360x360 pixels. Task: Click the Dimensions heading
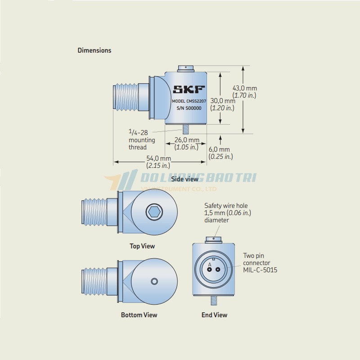pyautogui.click(x=94, y=50)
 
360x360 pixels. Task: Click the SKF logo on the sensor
pyautogui.click(x=189, y=89)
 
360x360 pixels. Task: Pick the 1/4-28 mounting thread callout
pyautogui.click(x=142, y=139)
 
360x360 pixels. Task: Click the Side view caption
pyautogui.click(x=185, y=179)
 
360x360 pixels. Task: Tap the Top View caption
pyautogui.click(x=142, y=246)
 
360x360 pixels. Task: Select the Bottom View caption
pyautogui.click(x=139, y=315)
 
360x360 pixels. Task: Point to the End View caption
pyautogui.click(x=215, y=315)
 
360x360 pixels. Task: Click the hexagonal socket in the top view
pyautogui.click(x=154, y=211)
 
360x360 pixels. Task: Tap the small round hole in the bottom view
pyautogui.click(x=154, y=281)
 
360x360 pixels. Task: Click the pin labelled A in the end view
pyautogui.click(x=209, y=269)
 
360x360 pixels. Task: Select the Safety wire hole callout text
pyautogui.click(x=228, y=213)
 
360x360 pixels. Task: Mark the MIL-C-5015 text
pyautogui.click(x=260, y=270)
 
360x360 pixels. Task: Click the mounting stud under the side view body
pyautogui.click(x=186, y=129)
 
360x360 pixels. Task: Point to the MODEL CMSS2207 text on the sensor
pyautogui.click(x=189, y=101)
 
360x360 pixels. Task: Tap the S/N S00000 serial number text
pyautogui.click(x=189, y=108)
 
